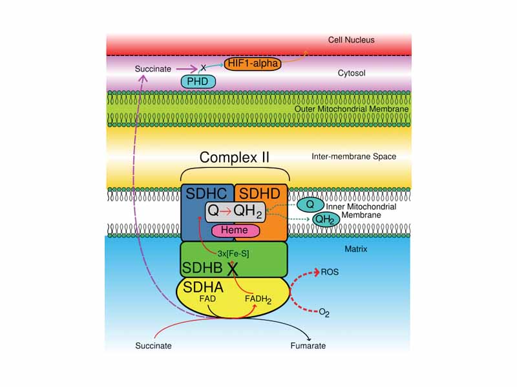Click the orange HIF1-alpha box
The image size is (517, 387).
[x=253, y=64]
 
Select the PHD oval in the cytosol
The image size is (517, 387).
[x=198, y=81]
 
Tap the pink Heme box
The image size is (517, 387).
[x=240, y=230]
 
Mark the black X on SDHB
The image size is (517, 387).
[x=233, y=268]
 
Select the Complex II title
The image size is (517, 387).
[x=234, y=157]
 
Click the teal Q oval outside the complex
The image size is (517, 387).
[x=310, y=204]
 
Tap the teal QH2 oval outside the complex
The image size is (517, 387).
[x=324, y=219]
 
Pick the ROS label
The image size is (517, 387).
[x=330, y=272]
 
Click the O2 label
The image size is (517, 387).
[x=324, y=313]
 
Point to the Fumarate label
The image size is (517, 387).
[x=308, y=346]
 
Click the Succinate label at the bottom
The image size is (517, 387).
[x=153, y=346]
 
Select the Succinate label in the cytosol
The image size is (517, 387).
[x=153, y=68]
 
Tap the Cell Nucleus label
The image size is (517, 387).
[x=351, y=40]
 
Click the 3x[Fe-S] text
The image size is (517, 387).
[x=233, y=253]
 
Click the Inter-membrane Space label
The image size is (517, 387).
[x=353, y=156]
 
